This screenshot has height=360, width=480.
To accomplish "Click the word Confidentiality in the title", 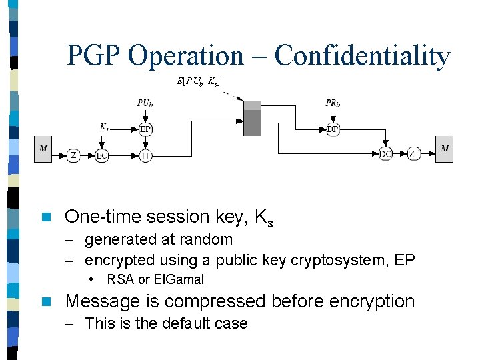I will click(x=362, y=56).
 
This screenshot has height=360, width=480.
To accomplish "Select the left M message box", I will click(x=43, y=149).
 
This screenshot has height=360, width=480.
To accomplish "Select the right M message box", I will click(x=445, y=149).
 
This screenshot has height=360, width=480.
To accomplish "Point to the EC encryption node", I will click(x=101, y=155).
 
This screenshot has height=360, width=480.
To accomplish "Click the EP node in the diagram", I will click(x=145, y=129).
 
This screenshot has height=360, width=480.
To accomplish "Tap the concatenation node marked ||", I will click(x=145, y=155).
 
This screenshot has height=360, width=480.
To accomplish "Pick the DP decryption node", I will click(x=333, y=129).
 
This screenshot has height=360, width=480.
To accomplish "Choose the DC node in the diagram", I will click(x=385, y=155).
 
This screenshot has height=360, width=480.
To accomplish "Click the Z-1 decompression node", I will click(x=413, y=155).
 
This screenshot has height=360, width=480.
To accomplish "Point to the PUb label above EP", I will click(x=145, y=103).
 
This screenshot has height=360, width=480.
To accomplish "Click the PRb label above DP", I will click(x=333, y=103).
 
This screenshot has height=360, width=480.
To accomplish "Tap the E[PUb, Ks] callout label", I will click(x=199, y=81).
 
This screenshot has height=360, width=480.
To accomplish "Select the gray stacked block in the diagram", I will click(x=252, y=119).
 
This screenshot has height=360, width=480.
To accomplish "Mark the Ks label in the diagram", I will click(x=104, y=125).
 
